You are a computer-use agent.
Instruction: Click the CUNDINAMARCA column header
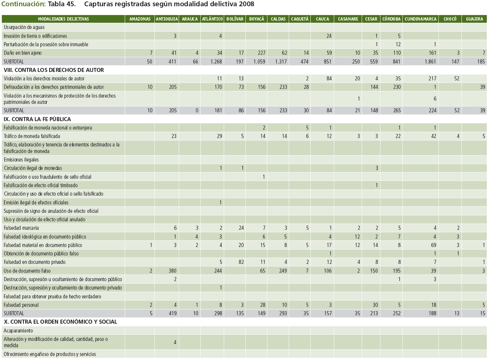coord(420,19)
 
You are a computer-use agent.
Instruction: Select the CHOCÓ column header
coord(450,19)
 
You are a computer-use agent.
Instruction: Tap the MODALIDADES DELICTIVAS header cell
coord(63,19)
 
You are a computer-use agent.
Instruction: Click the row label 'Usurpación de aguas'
coord(24,27)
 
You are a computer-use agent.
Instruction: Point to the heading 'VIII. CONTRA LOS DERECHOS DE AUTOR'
coord(54,70)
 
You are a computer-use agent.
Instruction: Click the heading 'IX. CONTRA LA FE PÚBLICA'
coord(37,119)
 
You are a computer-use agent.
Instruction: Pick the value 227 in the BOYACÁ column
coord(261,53)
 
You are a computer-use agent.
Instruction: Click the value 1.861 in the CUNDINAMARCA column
coord(430,62)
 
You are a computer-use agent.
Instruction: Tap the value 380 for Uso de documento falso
coord(172,271)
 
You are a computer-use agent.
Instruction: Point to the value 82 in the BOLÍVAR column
coord(241,262)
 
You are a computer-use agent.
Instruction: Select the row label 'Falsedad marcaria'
coord(21,228)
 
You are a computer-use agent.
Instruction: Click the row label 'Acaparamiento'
coord(18,331)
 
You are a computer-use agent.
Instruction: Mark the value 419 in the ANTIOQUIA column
coord(172,313)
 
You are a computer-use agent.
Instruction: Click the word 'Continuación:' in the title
coord(23,4)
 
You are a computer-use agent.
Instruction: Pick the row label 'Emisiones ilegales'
coord(21,160)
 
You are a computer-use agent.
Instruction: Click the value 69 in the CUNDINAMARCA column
coord(433,245)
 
